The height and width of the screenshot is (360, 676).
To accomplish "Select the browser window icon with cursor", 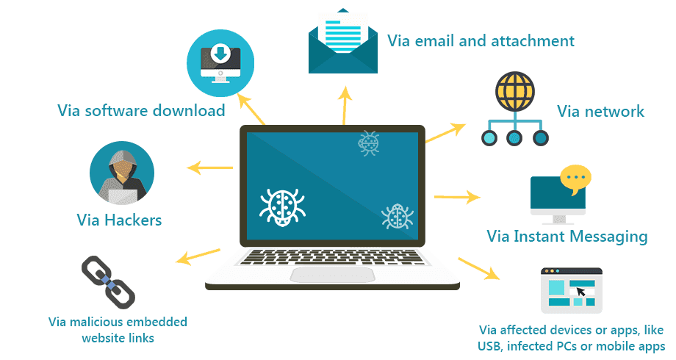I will [571, 290].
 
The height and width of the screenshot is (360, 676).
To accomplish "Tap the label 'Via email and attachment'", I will [481, 40].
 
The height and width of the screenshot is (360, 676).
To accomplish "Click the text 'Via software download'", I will [141, 111].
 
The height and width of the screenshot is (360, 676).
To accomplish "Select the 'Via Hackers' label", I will [119, 220].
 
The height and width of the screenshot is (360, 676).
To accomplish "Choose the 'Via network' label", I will [600, 112].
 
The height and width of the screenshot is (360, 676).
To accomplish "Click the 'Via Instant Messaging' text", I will [567, 237].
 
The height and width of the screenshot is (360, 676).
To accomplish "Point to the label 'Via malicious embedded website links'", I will [118, 330].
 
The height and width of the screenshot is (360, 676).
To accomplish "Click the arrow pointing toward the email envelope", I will [343, 103].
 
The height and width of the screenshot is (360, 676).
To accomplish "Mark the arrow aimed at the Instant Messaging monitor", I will [456, 197].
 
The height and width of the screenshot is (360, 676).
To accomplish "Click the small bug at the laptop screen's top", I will [368, 143].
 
